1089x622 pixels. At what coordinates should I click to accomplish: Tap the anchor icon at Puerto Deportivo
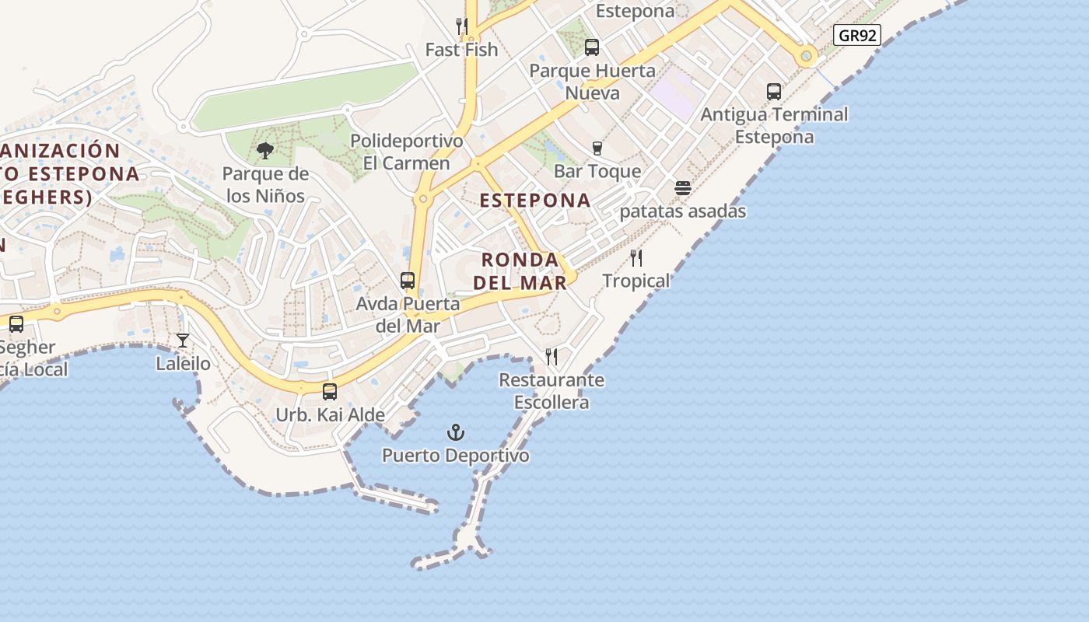point(455,432)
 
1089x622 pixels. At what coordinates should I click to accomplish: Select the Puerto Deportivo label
point(455,455)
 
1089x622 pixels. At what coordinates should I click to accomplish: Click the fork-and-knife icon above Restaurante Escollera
point(552,357)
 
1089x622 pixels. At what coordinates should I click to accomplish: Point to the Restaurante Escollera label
point(552,391)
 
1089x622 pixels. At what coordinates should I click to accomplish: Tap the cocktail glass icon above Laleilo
point(183,341)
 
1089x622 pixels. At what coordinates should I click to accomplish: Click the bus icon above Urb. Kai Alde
point(330,391)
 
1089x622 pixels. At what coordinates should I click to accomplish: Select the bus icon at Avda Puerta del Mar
point(408,281)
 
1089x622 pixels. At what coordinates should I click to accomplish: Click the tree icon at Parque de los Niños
point(265,151)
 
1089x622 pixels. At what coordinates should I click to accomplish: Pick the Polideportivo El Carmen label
point(407,152)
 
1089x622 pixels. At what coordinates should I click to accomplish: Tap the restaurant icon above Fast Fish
point(462,26)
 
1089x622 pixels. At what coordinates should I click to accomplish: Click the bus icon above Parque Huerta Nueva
point(592,47)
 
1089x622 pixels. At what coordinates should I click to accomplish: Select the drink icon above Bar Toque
point(597,148)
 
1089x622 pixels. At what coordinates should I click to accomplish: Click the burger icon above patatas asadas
point(683,188)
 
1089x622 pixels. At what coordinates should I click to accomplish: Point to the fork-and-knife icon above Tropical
point(636,257)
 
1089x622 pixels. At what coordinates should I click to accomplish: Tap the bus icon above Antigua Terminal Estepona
point(774,91)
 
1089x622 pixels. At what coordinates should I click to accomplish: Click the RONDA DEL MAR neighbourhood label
point(520,271)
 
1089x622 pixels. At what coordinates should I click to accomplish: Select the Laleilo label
point(183,363)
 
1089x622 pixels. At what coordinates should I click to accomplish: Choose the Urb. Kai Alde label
point(331,414)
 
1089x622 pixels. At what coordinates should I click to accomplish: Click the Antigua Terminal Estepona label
point(775,125)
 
